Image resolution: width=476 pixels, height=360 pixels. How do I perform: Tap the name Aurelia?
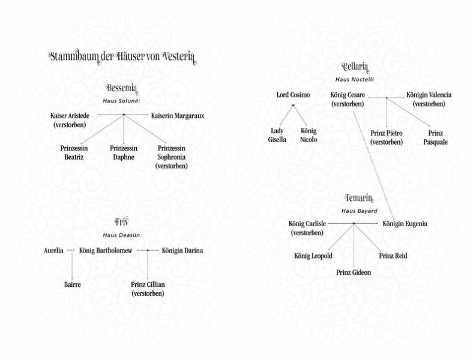pos(54,250)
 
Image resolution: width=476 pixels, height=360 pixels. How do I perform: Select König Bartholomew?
pos(106,250)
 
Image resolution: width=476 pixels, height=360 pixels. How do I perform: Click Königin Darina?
pos(182,250)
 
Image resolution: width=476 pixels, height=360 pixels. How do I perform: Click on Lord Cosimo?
pos(292,95)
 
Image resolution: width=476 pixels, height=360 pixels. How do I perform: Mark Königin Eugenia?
pos(405,224)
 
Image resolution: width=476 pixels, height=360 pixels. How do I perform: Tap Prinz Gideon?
pos(354,272)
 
